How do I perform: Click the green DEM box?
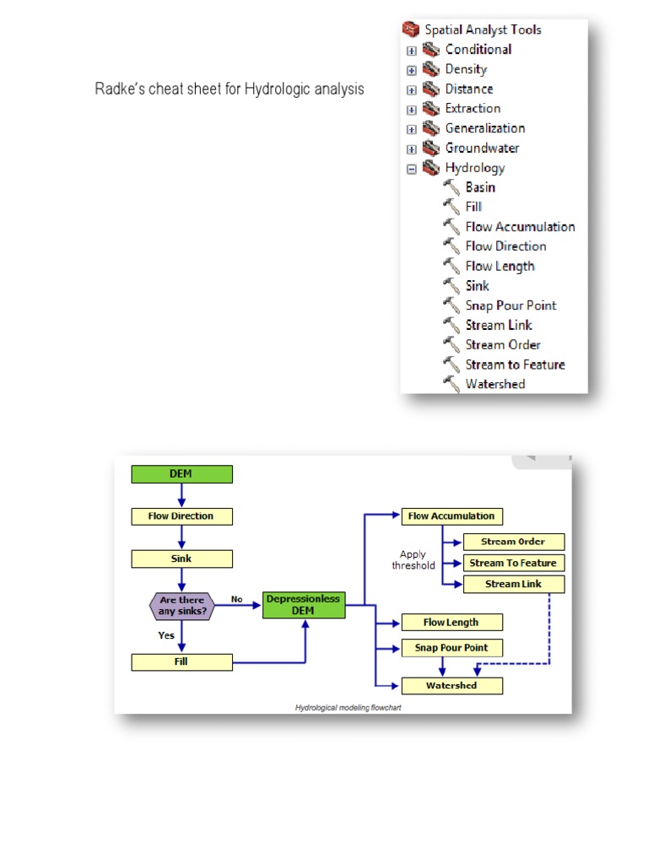pyautogui.click(x=181, y=474)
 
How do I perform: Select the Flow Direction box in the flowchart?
pyautogui.click(x=181, y=516)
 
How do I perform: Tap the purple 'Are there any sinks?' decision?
pyautogui.click(x=181, y=605)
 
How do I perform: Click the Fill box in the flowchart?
pyautogui.click(x=181, y=662)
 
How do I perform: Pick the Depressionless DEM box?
pyautogui.click(x=304, y=604)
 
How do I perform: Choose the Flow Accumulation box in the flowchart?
pyautogui.click(x=451, y=516)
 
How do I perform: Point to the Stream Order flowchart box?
pyautogui.click(x=513, y=542)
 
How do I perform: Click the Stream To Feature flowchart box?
pyautogui.click(x=513, y=563)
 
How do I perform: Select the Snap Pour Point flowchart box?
pyautogui.click(x=451, y=648)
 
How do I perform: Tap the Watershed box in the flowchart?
pyautogui.click(x=451, y=686)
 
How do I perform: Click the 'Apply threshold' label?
pyautogui.click(x=413, y=560)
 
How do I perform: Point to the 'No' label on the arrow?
pyautogui.click(x=237, y=599)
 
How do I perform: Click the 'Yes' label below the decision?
pyautogui.click(x=166, y=635)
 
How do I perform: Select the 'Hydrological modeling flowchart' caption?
pyautogui.click(x=348, y=707)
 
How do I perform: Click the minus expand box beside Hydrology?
pyautogui.click(x=412, y=168)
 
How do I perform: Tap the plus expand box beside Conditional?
pyautogui.click(x=412, y=50)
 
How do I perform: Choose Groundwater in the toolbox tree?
pyautogui.click(x=482, y=148)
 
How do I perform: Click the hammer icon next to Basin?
pyautogui.click(x=451, y=187)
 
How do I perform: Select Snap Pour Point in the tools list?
pyautogui.click(x=510, y=305)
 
